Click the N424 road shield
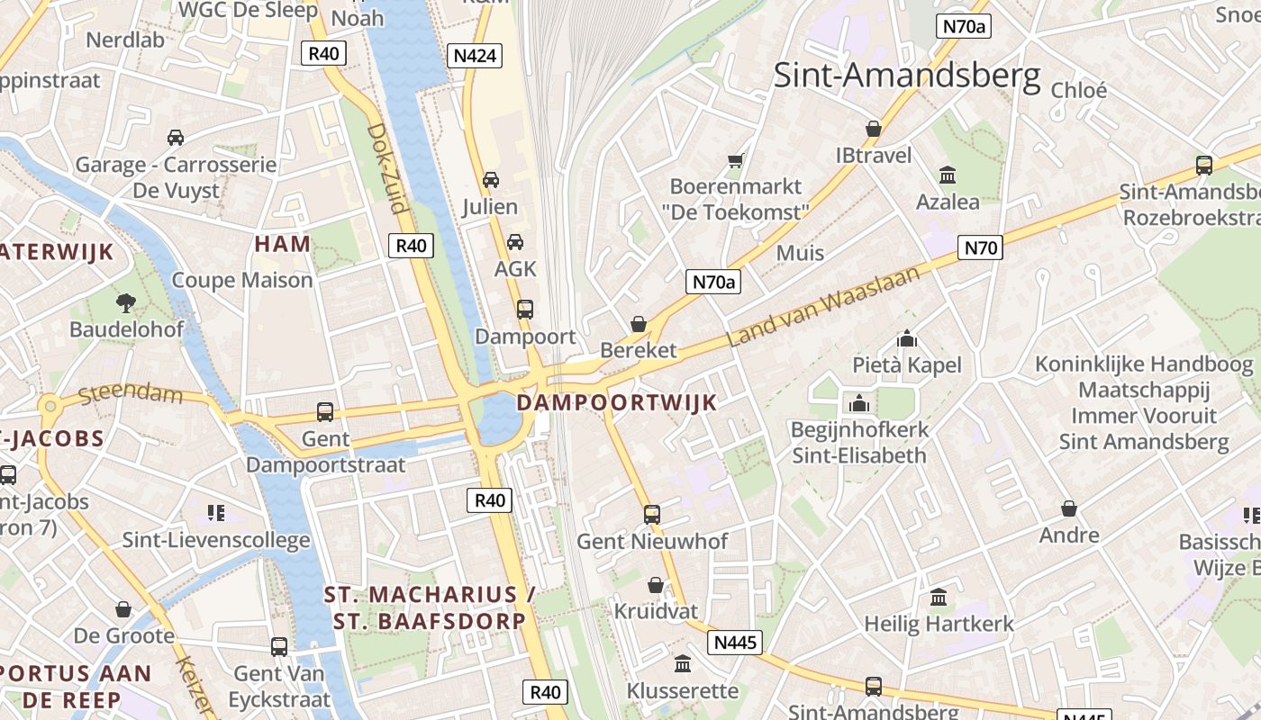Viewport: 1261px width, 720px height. tap(475, 56)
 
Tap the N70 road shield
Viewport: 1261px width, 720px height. tap(980, 247)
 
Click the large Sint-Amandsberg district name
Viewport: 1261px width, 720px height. tap(907, 76)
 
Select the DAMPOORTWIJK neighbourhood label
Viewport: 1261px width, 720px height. tap(617, 403)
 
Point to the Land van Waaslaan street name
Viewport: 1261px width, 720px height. tap(823, 307)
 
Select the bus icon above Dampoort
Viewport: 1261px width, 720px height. tap(524, 310)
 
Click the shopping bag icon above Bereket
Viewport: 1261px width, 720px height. tap(638, 324)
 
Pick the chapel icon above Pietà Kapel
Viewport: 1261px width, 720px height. tap(906, 339)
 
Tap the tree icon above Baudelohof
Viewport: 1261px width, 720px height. tap(125, 303)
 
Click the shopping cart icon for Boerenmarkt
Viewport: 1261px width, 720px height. tap(735, 161)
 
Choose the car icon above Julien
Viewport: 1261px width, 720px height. tap(490, 180)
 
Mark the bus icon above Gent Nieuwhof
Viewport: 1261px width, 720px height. tap(651, 515)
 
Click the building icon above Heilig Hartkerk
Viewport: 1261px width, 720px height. tap(939, 597)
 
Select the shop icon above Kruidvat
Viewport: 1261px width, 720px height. tap(655, 585)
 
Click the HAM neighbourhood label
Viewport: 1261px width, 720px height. tap(283, 244)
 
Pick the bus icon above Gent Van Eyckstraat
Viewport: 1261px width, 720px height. tap(278, 646)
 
